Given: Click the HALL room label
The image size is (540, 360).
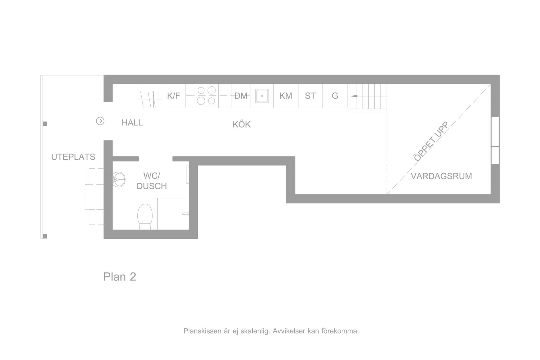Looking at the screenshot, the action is pyautogui.click(x=132, y=122).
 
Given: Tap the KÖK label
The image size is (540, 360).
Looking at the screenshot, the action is pyautogui.click(x=241, y=124).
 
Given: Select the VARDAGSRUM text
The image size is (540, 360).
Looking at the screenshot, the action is pyautogui.click(x=441, y=176).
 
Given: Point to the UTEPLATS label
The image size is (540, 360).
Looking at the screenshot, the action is pyautogui.click(x=73, y=157).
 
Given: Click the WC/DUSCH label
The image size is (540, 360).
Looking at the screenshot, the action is pyautogui.click(x=152, y=181).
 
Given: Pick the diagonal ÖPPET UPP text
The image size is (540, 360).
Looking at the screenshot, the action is pyautogui.click(x=431, y=141).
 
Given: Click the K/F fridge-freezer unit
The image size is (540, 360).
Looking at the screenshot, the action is pyautogui.click(x=174, y=96).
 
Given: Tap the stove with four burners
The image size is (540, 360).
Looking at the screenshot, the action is pyautogui.click(x=206, y=96).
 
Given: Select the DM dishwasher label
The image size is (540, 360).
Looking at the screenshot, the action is pyautogui.click(x=241, y=96).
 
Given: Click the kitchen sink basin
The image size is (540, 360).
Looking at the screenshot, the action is pyautogui.click(x=262, y=96).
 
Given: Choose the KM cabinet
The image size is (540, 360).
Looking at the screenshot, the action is pyautogui.click(x=286, y=96).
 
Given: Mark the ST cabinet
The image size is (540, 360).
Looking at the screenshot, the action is pyautogui.click(x=310, y=96).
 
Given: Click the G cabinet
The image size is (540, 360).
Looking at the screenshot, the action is pyautogui.click(x=335, y=96).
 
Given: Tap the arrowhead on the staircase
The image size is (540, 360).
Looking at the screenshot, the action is pyautogui.click(x=354, y=96).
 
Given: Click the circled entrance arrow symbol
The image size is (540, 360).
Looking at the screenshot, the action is pyautogui.click(x=100, y=121).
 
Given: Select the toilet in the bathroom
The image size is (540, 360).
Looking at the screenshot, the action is pyautogui.click(x=145, y=217).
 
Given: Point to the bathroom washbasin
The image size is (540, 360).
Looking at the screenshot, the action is pyautogui.click(x=119, y=179).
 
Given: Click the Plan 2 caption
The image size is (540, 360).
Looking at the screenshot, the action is pyautogui.click(x=120, y=277).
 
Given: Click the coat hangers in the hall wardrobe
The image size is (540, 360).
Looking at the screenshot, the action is pyautogui.click(x=149, y=99).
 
